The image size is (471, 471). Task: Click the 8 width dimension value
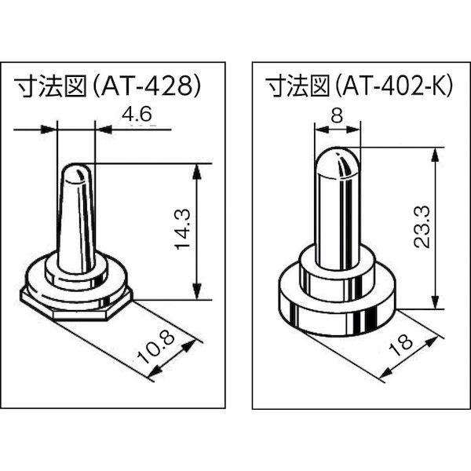coord(336,115)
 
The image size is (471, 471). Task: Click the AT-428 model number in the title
coord(149,86)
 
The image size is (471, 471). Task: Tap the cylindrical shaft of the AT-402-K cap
coord(336,220)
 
